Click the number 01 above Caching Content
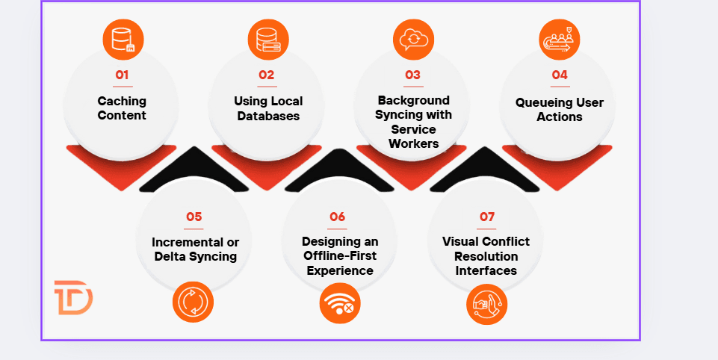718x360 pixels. (x=122, y=75)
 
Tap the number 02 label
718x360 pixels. (x=267, y=75)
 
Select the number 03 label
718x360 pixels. (x=412, y=75)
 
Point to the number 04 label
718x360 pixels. (x=560, y=75)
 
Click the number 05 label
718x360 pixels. (x=194, y=217)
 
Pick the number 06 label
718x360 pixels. (x=338, y=217)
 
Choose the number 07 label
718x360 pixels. (x=487, y=217)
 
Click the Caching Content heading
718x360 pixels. (x=122, y=108)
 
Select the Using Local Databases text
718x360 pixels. (x=267, y=108)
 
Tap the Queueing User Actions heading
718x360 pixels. (x=560, y=109)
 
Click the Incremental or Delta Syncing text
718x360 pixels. (x=194, y=249)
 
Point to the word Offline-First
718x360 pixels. (x=340, y=256)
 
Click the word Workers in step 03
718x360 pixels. (x=414, y=143)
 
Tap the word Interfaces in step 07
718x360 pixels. (x=486, y=270)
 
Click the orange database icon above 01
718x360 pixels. (x=123, y=38)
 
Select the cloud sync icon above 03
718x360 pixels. (x=413, y=38)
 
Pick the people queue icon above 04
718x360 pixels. (x=560, y=38)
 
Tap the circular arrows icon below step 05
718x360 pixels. (x=193, y=303)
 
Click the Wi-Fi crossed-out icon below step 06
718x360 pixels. (x=340, y=304)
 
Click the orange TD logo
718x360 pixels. (x=73, y=298)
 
